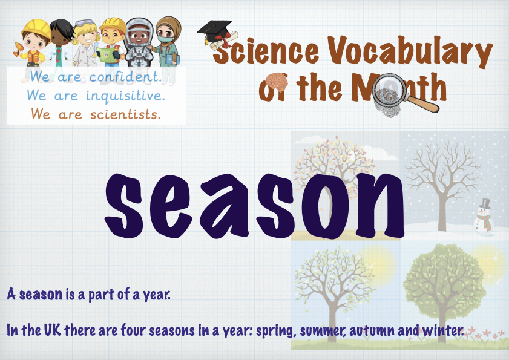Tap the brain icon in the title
coord(277,82)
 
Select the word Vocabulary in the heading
coord(410,52)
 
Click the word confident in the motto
coord(125,77)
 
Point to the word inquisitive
coord(125,96)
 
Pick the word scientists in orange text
coord(125,114)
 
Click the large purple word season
coord(255,206)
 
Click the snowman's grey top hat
coord(485,204)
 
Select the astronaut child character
coord(139,42)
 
